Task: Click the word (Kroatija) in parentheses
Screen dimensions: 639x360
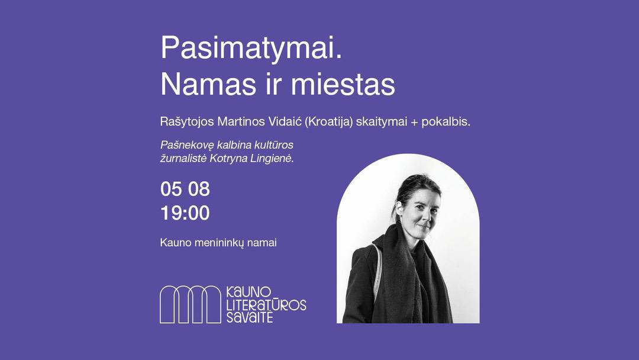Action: tap(328, 121)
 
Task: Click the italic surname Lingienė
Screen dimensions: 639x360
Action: tap(273, 159)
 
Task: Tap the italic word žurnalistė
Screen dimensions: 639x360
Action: tap(183, 159)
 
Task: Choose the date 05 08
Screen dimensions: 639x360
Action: tap(185, 189)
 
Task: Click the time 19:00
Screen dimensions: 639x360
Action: tap(185, 213)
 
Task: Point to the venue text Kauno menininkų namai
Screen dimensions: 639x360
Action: tap(218, 243)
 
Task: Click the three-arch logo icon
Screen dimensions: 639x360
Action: tap(191, 304)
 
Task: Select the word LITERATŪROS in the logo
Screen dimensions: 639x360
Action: tap(266, 304)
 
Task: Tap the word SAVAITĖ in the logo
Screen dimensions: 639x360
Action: tap(250, 317)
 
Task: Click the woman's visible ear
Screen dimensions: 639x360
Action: tap(400, 209)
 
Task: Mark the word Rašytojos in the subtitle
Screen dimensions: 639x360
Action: tap(187, 121)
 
